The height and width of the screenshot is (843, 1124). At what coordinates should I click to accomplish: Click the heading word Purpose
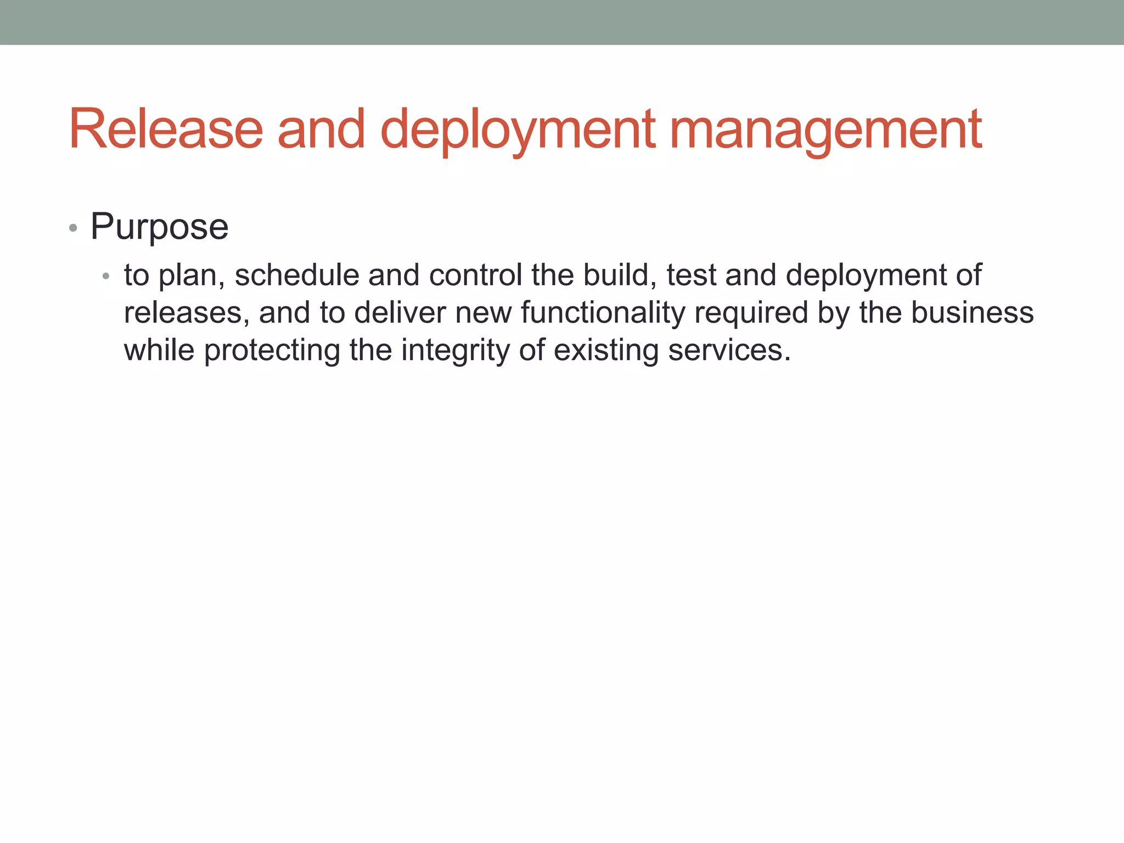(159, 227)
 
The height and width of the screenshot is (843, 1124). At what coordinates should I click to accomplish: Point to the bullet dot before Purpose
(73, 228)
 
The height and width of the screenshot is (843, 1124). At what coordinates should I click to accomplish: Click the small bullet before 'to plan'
(106, 276)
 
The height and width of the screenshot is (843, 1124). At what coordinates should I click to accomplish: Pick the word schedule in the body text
(296, 275)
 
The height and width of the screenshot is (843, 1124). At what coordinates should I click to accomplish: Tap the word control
(475, 275)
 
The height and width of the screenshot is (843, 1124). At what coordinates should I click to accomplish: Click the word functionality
(603, 313)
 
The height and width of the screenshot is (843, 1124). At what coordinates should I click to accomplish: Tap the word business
(973, 313)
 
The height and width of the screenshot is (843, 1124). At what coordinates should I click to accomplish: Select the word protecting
(272, 351)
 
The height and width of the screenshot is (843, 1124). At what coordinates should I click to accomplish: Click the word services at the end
(729, 351)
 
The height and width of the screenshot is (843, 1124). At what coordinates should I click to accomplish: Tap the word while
(159, 351)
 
